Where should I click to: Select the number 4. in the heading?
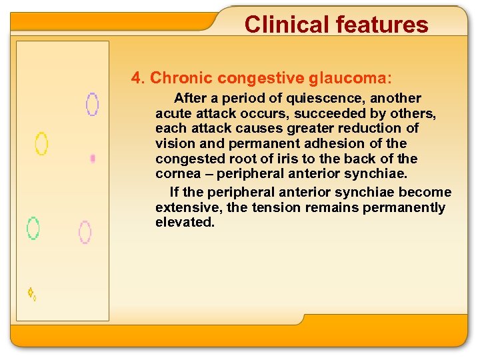coord(139,78)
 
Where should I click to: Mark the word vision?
coord(175,143)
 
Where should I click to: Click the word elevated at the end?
coord(185,223)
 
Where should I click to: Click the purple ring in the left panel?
coord(92,104)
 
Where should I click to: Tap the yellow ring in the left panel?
coord(41,143)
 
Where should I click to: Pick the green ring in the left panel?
coord(33,228)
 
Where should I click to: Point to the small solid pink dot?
coord(93,159)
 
